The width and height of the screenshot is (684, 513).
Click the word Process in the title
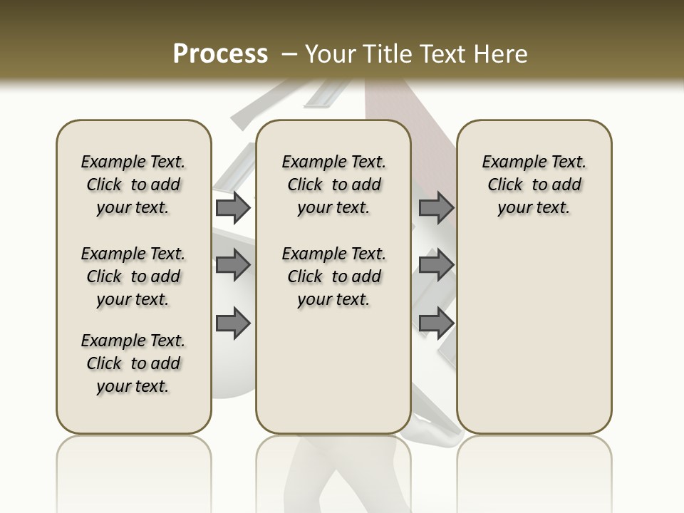coord(220,54)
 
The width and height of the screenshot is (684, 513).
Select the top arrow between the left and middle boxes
coord(233,207)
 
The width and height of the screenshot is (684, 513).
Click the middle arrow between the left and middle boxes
coord(233,264)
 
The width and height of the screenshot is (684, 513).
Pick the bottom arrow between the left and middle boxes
coord(233,323)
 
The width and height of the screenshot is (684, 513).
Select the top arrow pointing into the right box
coord(436,207)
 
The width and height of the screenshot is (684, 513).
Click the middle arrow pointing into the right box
coord(436,264)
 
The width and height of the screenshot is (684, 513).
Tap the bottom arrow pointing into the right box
coord(436,323)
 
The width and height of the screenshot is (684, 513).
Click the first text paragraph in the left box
coord(133,185)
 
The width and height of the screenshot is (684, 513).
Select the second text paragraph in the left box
coord(133,276)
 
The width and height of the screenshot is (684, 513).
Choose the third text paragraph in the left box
coord(133,363)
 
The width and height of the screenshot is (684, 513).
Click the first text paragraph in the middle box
coord(333,185)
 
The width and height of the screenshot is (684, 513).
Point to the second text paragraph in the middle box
coord(333,276)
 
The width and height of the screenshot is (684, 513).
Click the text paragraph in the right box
coord(534,185)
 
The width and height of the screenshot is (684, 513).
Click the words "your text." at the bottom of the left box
coord(133,386)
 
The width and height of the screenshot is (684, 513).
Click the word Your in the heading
coord(327,54)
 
